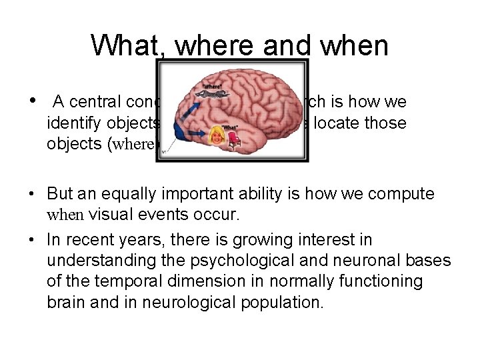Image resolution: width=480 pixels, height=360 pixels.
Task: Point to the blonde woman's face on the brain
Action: pos(218,135)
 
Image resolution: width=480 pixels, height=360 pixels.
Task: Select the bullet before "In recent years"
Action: pos(33,239)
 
